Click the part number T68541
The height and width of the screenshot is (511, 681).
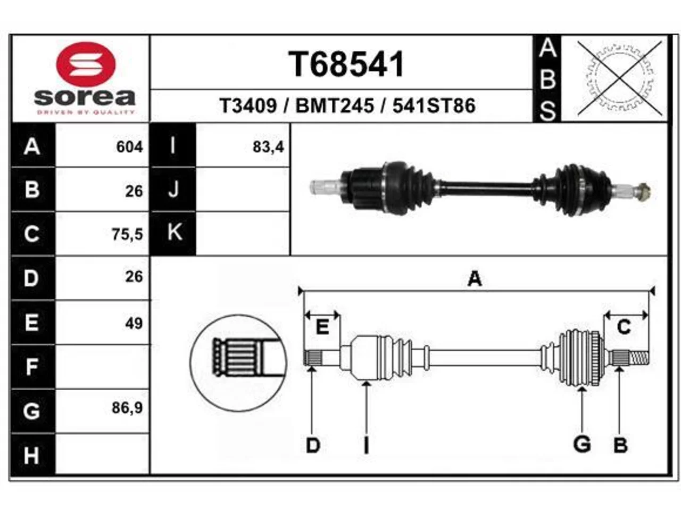[x=346, y=64]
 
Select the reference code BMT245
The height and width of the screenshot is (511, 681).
[x=335, y=106]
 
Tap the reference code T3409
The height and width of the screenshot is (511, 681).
[x=248, y=106]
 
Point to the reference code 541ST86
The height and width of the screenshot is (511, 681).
[x=434, y=106]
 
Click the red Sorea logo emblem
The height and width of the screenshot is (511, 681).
[x=86, y=64]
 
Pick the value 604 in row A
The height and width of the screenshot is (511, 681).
[x=130, y=147]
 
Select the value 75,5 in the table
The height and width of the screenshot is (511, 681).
[x=128, y=234]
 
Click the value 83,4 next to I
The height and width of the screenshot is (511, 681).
[x=268, y=147]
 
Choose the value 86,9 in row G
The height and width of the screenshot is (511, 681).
[x=128, y=408]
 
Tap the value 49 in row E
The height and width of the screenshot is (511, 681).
[x=134, y=323]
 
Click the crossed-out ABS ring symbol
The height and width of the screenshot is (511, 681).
[x=620, y=78]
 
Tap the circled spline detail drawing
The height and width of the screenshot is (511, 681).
[x=238, y=363]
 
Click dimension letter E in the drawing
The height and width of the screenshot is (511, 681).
[x=322, y=326]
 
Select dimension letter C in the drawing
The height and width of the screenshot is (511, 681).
[x=624, y=327]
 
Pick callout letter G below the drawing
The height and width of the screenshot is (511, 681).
[x=582, y=444]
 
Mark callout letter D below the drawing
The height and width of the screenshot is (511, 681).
[x=313, y=445]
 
